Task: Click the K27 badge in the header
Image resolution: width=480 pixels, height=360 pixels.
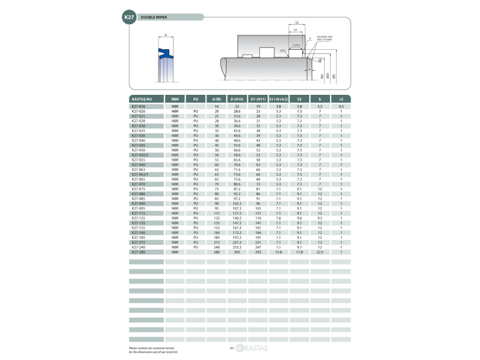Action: click(x=129, y=18)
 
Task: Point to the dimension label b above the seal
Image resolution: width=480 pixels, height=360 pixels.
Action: click(x=165, y=34)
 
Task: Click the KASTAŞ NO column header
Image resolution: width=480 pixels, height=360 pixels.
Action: click(x=142, y=98)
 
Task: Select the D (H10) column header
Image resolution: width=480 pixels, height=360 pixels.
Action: click(x=237, y=98)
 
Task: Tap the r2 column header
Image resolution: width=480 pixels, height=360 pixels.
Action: click(x=341, y=98)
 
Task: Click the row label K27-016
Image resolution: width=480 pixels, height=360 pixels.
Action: click(x=139, y=106)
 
